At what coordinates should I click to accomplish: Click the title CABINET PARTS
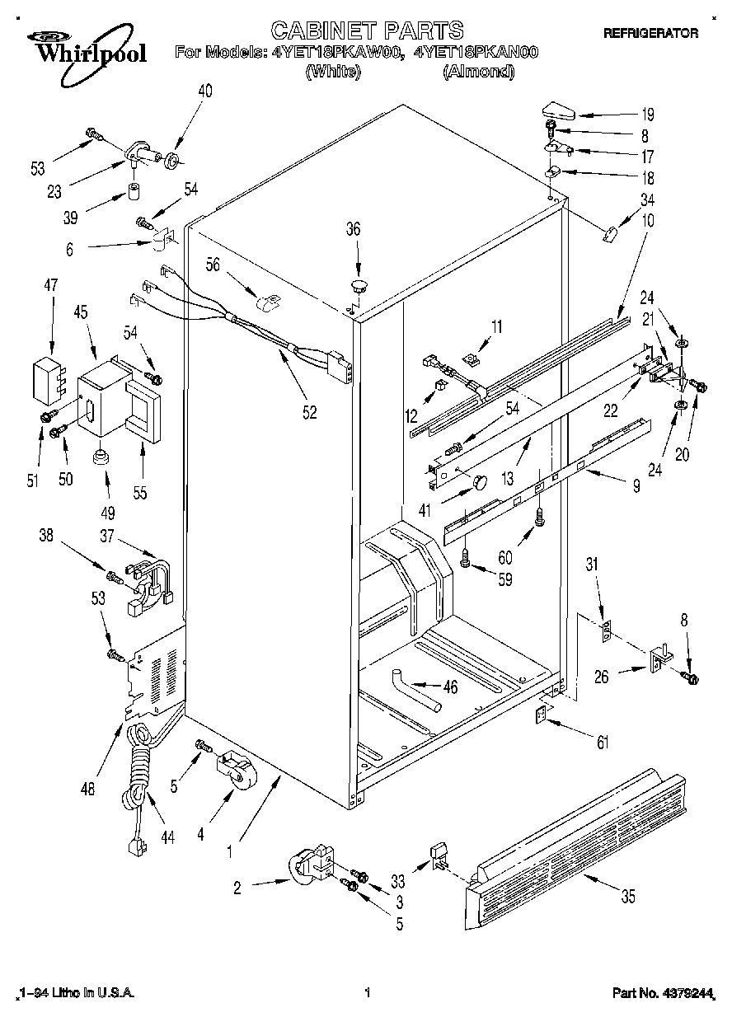point(367,30)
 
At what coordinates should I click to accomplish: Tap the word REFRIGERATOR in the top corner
point(650,33)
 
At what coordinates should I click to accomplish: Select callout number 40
point(204,91)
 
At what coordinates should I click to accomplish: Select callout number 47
point(50,286)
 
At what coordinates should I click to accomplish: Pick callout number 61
point(603,743)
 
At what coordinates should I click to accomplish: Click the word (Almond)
point(479,72)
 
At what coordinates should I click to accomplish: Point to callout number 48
point(88,788)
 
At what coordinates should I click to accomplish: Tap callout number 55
point(139,493)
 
